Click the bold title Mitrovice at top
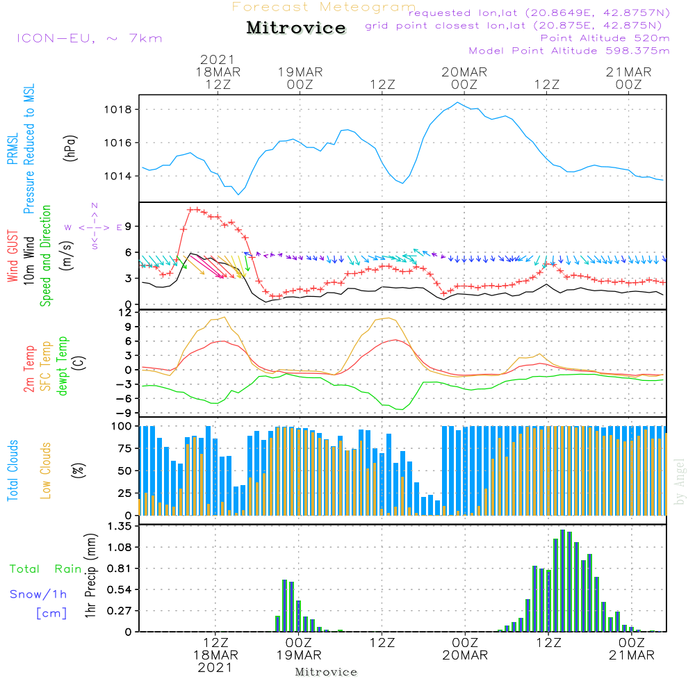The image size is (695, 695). pos(296,28)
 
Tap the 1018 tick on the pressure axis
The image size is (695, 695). pos(118,110)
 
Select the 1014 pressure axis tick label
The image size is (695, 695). pos(118,177)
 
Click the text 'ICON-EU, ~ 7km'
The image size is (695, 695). pos(90,38)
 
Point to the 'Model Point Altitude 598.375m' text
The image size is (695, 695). pos(569,51)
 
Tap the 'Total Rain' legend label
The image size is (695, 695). pos(46,569)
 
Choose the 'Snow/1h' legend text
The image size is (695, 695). pos(38,594)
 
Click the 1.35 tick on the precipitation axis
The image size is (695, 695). pos(120,526)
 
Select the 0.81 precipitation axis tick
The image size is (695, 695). pos(120,569)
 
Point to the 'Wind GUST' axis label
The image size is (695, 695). pos(13,256)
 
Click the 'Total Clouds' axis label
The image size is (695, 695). pos(13,471)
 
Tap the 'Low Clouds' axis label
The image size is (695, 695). pos(46,471)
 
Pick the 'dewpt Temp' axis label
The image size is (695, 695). pos(62,366)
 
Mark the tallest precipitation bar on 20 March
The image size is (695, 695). pos(563,580)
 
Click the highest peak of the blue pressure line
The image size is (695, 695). pos(458,102)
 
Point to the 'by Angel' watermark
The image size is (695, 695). pos(680,482)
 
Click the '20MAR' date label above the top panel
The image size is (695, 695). pos(464,72)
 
